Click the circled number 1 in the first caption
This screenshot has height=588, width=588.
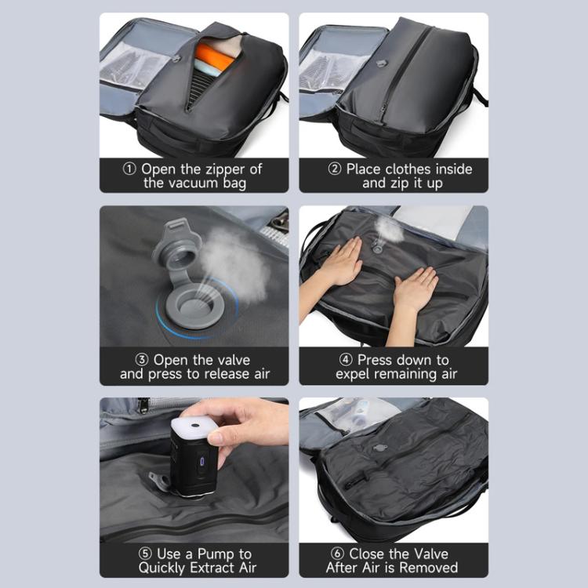tap(131, 169)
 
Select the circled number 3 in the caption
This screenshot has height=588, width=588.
tap(141, 360)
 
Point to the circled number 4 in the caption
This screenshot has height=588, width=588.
tap(345, 360)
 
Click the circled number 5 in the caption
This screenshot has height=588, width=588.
tap(145, 554)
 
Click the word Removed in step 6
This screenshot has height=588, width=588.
tap(430, 567)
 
